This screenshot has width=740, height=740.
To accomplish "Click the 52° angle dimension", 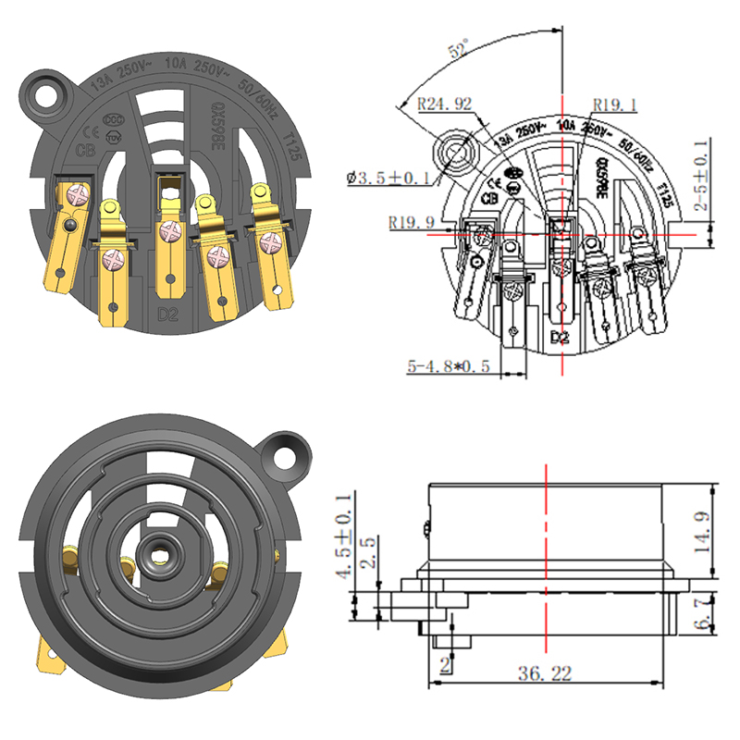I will pyautogui.click(x=460, y=51).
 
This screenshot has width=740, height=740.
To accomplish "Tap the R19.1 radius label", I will pyautogui.click(x=614, y=104).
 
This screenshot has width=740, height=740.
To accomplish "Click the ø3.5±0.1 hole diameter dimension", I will pyautogui.click(x=389, y=176).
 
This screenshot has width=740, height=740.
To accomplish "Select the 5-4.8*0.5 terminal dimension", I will pyautogui.click(x=451, y=367).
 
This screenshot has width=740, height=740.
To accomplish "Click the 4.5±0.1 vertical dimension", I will pyautogui.click(x=343, y=549).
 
